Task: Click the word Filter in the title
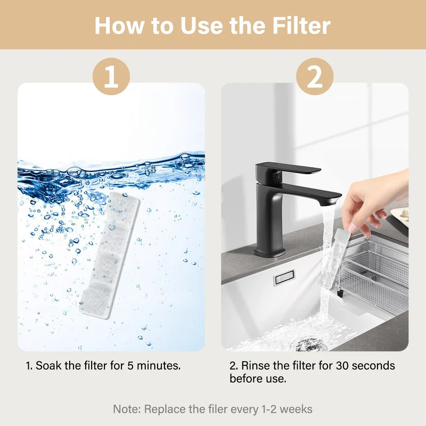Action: [x=301, y=25]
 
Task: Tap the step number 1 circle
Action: [x=111, y=76]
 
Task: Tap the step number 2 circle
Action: [x=315, y=76]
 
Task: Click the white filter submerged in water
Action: [x=110, y=256]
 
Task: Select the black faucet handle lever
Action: [x=288, y=169]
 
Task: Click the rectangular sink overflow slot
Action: [x=284, y=277]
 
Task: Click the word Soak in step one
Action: [x=48, y=366]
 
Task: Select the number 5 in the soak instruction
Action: [x=130, y=366]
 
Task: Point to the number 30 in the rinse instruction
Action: [x=342, y=366]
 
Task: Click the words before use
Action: [x=258, y=379]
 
